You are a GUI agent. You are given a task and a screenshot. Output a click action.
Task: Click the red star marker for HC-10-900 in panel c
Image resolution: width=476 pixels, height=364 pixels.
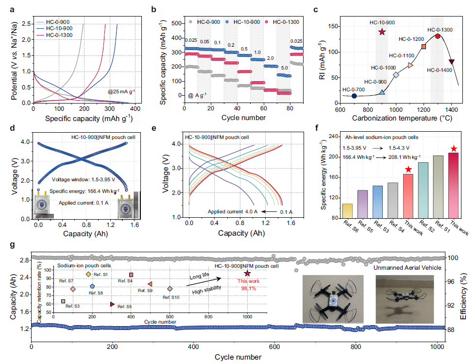click(382, 32)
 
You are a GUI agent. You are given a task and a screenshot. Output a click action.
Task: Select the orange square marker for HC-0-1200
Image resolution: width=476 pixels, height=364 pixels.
click(424, 47)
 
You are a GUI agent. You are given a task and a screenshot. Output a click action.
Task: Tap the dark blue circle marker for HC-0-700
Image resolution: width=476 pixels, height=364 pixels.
click(354, 96)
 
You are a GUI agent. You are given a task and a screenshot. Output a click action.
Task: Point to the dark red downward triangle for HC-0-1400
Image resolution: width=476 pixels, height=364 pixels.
click(451, 62)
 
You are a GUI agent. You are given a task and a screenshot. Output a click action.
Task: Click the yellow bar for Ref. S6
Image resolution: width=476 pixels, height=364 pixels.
click(347, 211)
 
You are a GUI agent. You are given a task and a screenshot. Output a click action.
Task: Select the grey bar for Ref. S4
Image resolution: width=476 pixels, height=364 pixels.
click(392, 200)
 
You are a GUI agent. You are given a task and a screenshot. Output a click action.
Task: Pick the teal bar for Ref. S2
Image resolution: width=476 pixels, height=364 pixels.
click(423, 190)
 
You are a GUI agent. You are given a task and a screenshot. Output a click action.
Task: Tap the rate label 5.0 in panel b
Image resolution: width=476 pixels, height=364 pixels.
click(284, 68)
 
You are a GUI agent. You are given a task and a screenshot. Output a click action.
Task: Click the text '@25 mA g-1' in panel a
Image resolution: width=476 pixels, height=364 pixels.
click(121, 91)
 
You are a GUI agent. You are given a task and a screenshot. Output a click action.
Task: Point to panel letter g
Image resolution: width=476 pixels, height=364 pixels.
click(12, 244)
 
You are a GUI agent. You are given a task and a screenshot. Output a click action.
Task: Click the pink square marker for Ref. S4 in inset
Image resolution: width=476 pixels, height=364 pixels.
click(131, 275)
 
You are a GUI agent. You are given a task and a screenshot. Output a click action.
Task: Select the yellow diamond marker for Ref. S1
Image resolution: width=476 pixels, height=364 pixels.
click(88, 274)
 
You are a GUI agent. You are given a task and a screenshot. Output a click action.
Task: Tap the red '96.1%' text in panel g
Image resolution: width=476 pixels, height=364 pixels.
click(248, 288)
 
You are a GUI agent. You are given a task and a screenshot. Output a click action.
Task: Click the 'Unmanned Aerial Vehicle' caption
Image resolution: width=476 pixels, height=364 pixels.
click(408, 268)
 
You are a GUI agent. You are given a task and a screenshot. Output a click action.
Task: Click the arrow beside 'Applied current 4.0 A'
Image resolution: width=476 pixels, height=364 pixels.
click(269, 211)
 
